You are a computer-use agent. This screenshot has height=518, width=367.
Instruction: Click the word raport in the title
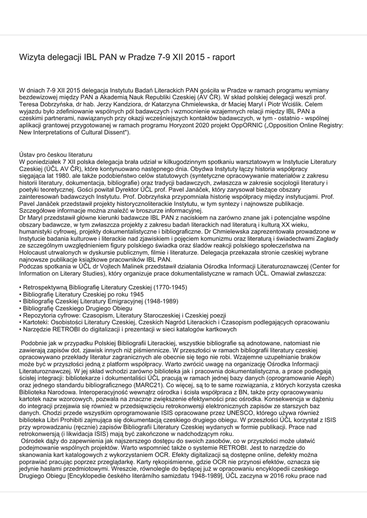point(223,57)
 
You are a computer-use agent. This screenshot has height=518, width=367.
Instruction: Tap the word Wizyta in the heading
point(33,57)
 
